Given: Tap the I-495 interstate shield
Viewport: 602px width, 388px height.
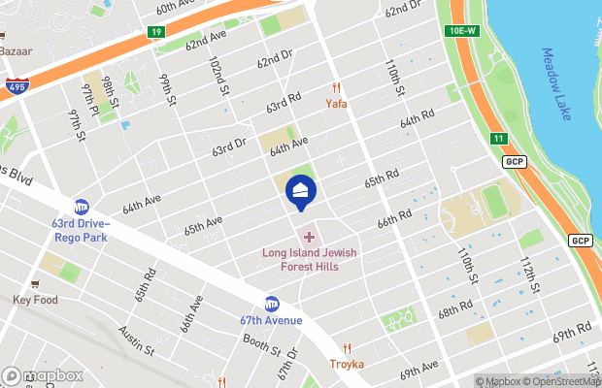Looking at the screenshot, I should (15, 86).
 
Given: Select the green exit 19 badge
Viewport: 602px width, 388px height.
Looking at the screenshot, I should (156, 32).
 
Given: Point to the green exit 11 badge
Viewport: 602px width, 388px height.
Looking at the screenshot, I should (499, 139).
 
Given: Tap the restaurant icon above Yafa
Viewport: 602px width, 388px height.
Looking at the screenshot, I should (337, 87).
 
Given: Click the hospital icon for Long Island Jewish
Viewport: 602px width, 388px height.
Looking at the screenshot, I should (309, 236).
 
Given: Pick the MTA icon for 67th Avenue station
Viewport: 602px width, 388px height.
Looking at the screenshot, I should (272, 303).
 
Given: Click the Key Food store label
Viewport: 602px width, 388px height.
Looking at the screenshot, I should (36, 300).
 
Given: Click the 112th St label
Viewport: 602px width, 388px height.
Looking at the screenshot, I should (528, 278).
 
